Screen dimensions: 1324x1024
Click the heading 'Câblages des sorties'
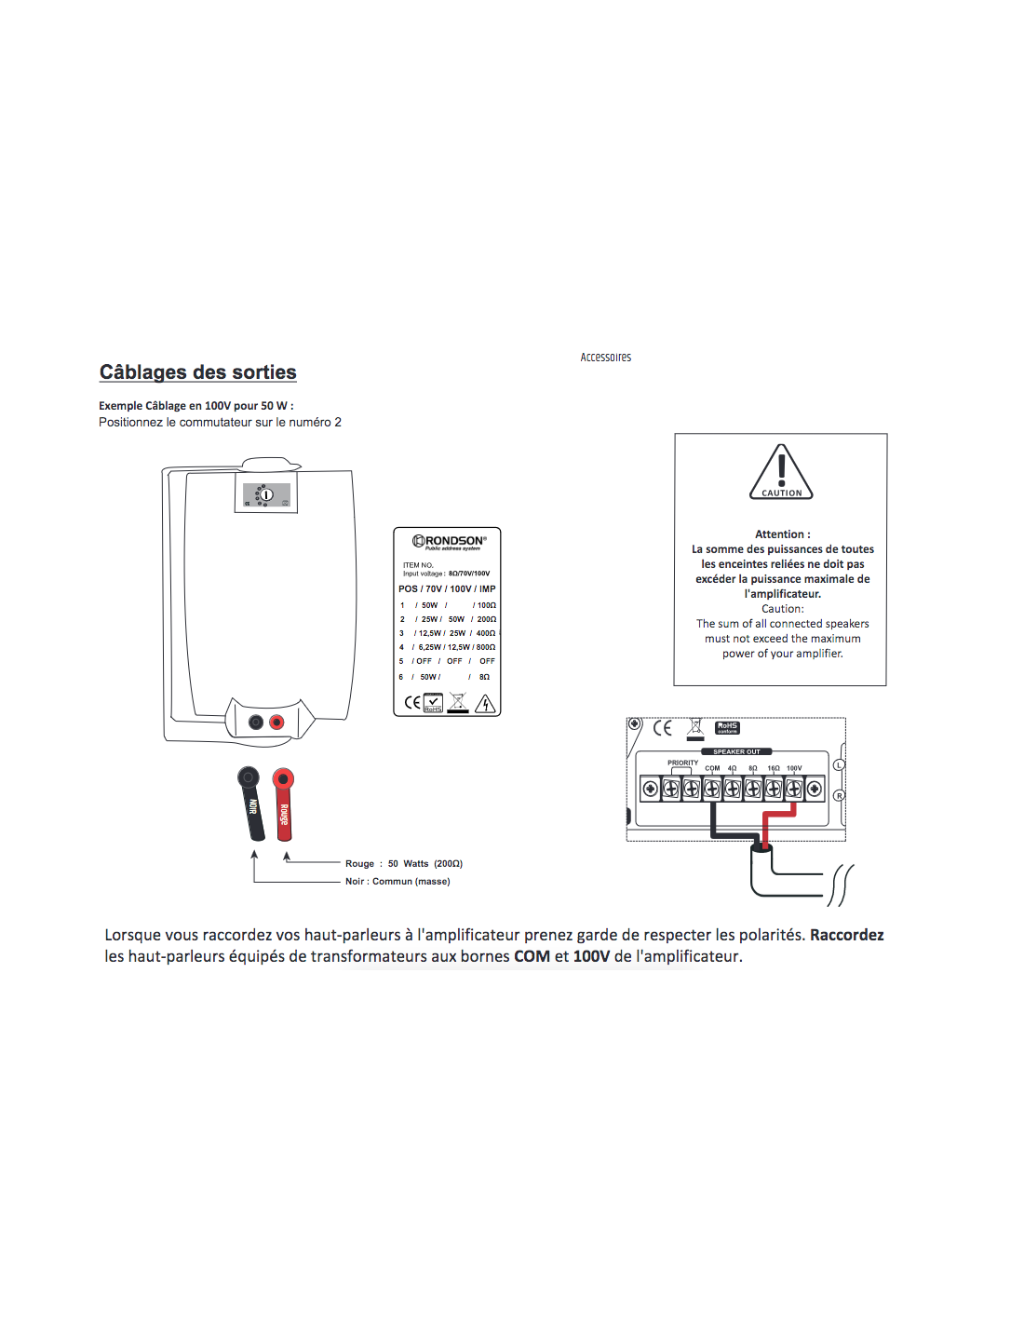click(197, 372)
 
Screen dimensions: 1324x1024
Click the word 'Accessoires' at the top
click(605, 358)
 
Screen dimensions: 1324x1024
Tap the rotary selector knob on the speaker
click(265, 495)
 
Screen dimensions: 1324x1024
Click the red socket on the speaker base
click(276, 722)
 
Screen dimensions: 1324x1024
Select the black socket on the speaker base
click(256, 722)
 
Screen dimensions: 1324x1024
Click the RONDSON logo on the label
click(450, 541)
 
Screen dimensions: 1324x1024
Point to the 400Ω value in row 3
click(486, 633)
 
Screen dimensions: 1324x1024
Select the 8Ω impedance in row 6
click(484, 677)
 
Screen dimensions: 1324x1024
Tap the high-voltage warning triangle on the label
click(485, 704)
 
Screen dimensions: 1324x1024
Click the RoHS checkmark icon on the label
click(434, 703)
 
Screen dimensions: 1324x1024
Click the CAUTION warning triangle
click(781, 473)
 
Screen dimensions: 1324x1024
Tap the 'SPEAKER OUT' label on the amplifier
click(736, 751)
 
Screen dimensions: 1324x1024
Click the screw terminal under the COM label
click(712, 790)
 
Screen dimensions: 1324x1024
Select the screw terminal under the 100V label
click(794, 790)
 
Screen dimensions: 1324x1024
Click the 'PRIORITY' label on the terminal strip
click(682, 763)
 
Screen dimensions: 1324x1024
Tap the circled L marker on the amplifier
click(839, 764)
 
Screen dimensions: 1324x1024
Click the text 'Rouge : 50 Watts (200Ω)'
click(404, 864)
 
